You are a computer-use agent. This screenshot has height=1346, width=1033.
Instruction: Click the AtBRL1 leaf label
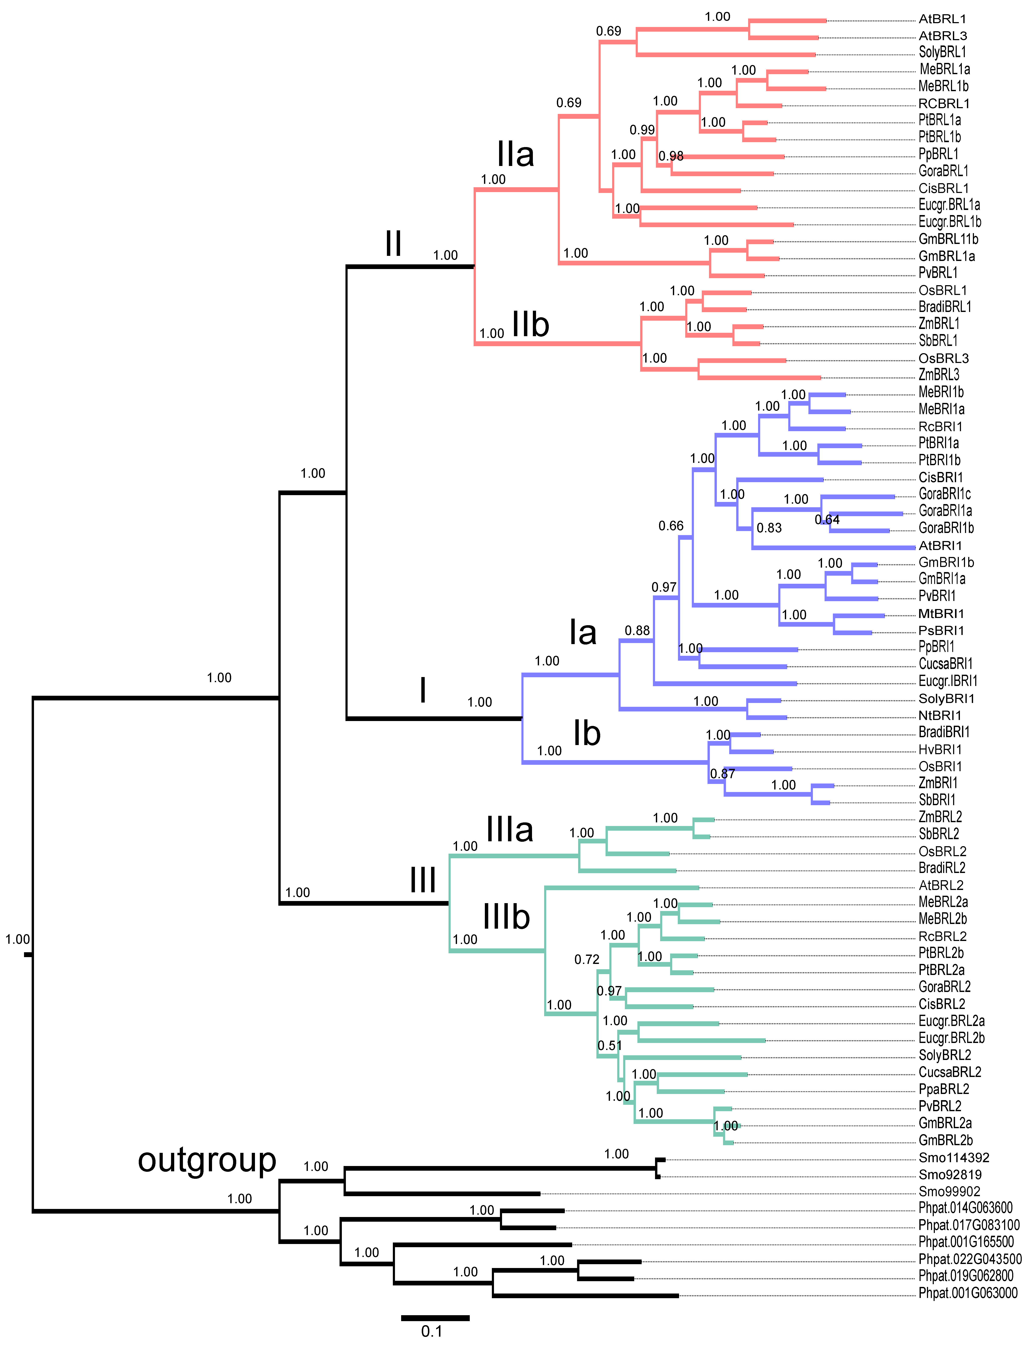pyautogui.click(x=942, y=19)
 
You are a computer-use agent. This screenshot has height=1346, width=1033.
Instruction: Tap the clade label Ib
pyautogui.click(x=587, y=734)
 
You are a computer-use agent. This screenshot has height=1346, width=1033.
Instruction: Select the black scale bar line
pyautogui.click(x=435, y=1318)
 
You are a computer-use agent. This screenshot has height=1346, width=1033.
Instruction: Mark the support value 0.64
pyautogui.click(x=827, y=520)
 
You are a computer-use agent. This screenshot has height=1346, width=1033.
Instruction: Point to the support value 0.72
pyautogui.click(x=587, y=959)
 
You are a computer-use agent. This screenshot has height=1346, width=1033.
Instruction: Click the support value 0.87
pyautogui.click(x=723, y=774)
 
